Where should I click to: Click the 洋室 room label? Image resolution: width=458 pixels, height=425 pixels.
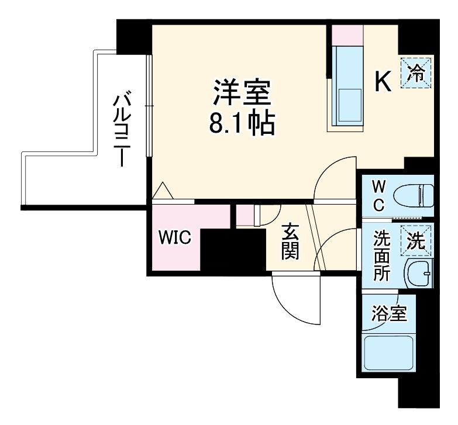241,93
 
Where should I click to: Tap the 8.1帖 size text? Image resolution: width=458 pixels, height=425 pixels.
241,123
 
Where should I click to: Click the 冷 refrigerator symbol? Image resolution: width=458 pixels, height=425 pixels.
416,73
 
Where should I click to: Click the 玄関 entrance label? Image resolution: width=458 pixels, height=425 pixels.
290,242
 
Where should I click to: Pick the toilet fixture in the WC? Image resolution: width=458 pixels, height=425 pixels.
413,195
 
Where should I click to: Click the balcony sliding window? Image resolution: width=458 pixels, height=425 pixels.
150,105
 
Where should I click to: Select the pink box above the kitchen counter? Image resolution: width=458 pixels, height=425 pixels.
347,33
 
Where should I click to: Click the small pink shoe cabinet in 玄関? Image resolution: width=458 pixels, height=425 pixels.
246,215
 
